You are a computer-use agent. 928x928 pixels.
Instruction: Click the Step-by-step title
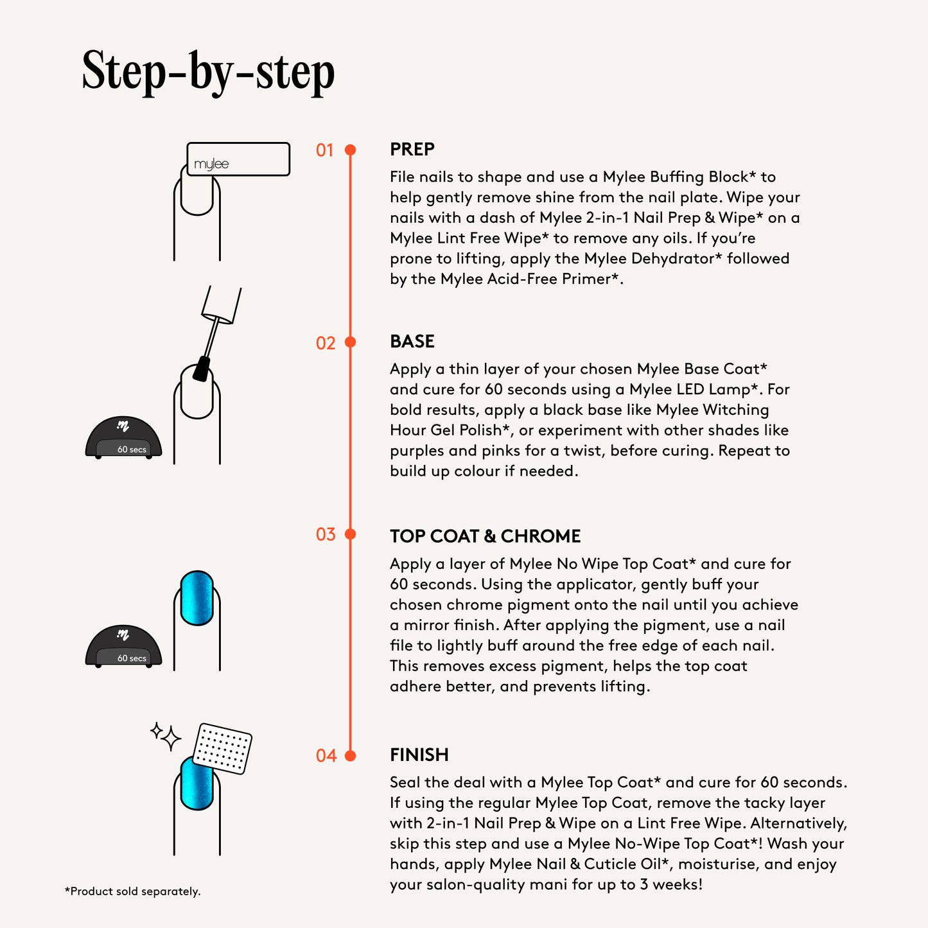(208, 72)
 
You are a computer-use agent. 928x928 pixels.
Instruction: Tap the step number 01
(324, 150)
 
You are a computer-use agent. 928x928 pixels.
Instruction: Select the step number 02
(326, 343)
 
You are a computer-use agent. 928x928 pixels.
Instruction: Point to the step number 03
(326, 534)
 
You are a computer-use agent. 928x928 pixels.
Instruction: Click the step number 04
(326, 756)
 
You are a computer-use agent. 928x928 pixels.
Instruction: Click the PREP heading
(412, 149)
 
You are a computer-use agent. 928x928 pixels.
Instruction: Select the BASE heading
(412, 342)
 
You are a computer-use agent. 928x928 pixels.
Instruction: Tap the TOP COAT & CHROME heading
(486, 536)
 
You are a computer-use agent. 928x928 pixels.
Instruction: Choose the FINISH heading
(419, 755)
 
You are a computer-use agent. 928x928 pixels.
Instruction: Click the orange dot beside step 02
(351, 342)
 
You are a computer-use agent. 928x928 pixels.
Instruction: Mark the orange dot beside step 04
(351, 756)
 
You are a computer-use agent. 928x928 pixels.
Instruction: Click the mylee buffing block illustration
(238, 159)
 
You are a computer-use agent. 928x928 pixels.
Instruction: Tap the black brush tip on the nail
(202, 369)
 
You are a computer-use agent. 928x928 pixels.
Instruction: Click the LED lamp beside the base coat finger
(123, 437)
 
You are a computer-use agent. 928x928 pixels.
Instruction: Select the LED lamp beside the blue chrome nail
(123, 646)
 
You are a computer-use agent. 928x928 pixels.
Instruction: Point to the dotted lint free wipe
(222, 748)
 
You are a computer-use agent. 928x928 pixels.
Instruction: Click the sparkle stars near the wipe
(166, 737)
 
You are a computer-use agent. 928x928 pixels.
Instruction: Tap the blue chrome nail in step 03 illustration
(197, 598)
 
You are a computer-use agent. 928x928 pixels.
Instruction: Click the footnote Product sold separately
(132, 891)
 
